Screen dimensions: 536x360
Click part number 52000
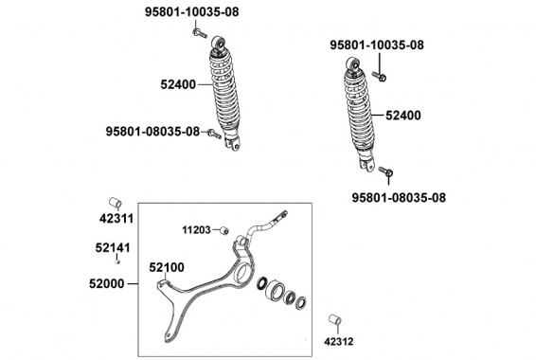(x=107, y=284)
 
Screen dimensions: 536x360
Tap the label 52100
(x=167, y=267)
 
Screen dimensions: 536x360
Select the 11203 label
(x=196, y=230)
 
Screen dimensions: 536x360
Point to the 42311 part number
(x=116, y=219)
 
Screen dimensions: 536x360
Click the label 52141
(x=113, y=248)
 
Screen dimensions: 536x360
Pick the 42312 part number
(x=339, y=342)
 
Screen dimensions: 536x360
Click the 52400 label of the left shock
(x=178, y=84)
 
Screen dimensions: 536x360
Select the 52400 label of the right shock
(x=403, y=116)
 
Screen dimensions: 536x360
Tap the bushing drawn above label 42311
(x=116, y=203)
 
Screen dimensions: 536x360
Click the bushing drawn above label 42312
(x=335, y=320)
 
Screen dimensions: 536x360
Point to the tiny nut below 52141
(x=117, y=261)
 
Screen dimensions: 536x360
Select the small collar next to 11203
(x=223, y=230)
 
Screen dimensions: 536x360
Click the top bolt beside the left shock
(x=200, y=33)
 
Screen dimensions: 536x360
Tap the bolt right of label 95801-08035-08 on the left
(x=215, y=134)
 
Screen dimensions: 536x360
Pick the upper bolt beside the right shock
(x=379, y=76)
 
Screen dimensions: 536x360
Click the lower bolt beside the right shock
(x=386, y=171)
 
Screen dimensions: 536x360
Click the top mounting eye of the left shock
(x=218, y=43)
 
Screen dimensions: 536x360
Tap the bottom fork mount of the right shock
(x=366, y=165)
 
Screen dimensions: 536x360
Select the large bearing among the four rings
(x=275, y=291)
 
